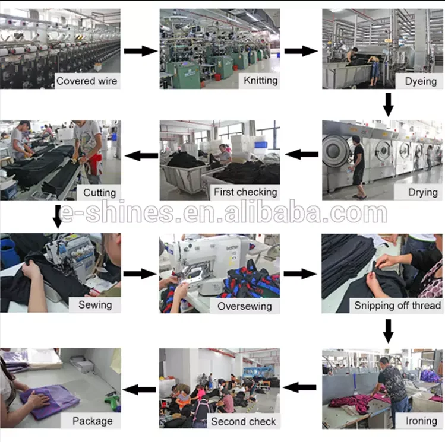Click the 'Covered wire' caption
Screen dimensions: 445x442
pyautogui.click(x=87, y=81)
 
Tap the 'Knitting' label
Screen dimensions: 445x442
pyautogui.click(x=261, y=81)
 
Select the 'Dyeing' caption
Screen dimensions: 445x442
pyautogui.click(x=421, y=82)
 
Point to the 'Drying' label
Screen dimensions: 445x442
pyautogui.click(x=422, y=192)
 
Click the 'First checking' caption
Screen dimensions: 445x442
pyautogui.click(x=245, y=192)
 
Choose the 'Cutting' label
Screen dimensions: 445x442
pyautogui.click(x=100, y=193)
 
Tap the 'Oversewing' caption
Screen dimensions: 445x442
pyautogui.click(x=245, y=306)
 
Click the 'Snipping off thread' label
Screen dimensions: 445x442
pyautogui.click(x=397, y=306)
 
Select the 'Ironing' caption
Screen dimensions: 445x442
pyautogui.click(x=421, y=421)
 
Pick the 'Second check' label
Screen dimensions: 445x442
pyautogui.click(x=244, y=422)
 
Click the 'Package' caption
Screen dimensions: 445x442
pyautogui.click(x=93, y=421)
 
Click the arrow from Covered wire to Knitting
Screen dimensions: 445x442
pyautogui.click(x=141, y=51)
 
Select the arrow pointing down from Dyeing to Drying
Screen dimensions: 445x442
pyautogui.click(x=388, y=104)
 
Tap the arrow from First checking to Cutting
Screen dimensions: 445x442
pyautogui.click(x=141, y=155)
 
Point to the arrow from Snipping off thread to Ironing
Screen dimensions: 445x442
pyautogui.click(x=388, y=331)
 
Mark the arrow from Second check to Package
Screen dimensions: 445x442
pyautogui.click(x=139, y=389)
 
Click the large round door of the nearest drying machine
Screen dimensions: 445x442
pyautogui.click(x=336, y=151)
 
